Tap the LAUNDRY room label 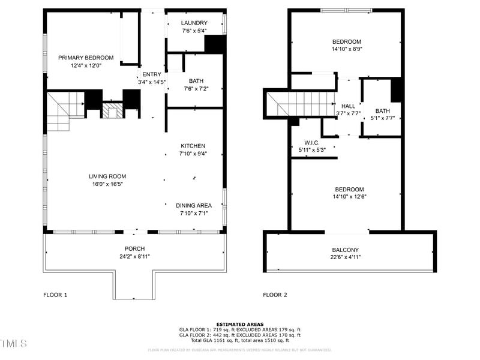(x=194, y=23)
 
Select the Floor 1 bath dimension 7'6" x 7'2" (x=196, y=89)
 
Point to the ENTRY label (x=151, y=74)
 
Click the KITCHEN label (x=193, y=146)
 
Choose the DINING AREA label (x=193, y=205)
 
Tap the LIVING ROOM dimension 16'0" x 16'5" (x=107, y=184)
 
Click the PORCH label (x=134, y=248)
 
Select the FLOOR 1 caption (x=55, y=295)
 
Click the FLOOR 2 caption (x=275, y=295)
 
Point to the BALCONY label (x=345, y=250)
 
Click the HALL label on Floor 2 (x=348, y=106)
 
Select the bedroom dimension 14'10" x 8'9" (x=347, y=49)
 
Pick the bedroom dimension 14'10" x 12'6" (x=349, y=197)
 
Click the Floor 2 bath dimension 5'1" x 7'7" (x=382, y=118)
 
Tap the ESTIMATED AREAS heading (x=239, y=325)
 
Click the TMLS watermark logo (x=14, y=343)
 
